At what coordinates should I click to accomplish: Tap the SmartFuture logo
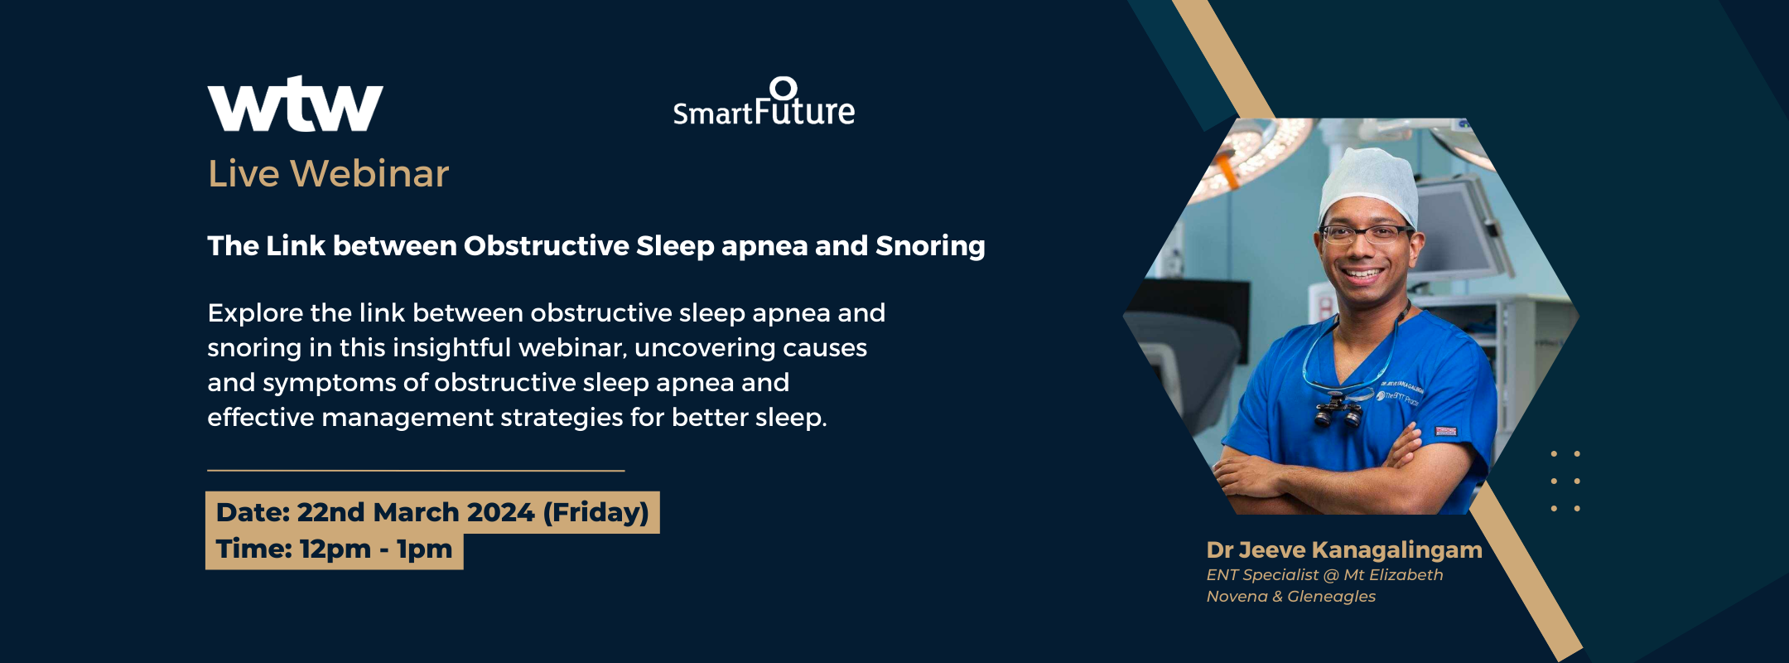[x=764, y=102]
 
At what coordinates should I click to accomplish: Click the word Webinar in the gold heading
[x=369, y=173]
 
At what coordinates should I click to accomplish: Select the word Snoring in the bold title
[x=930, y=246]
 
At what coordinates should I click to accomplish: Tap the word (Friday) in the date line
[x=596, y=512]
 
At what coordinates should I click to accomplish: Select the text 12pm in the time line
[x=335, y=549]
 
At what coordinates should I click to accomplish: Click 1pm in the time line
[x=424, y=549]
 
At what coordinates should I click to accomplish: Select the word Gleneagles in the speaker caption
[x=1331, y=596]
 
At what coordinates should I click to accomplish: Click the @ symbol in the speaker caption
[x=1331, y=574]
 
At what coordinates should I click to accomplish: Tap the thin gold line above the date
[x=416, y=471]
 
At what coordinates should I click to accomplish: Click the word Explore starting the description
[x=254, y=313]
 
